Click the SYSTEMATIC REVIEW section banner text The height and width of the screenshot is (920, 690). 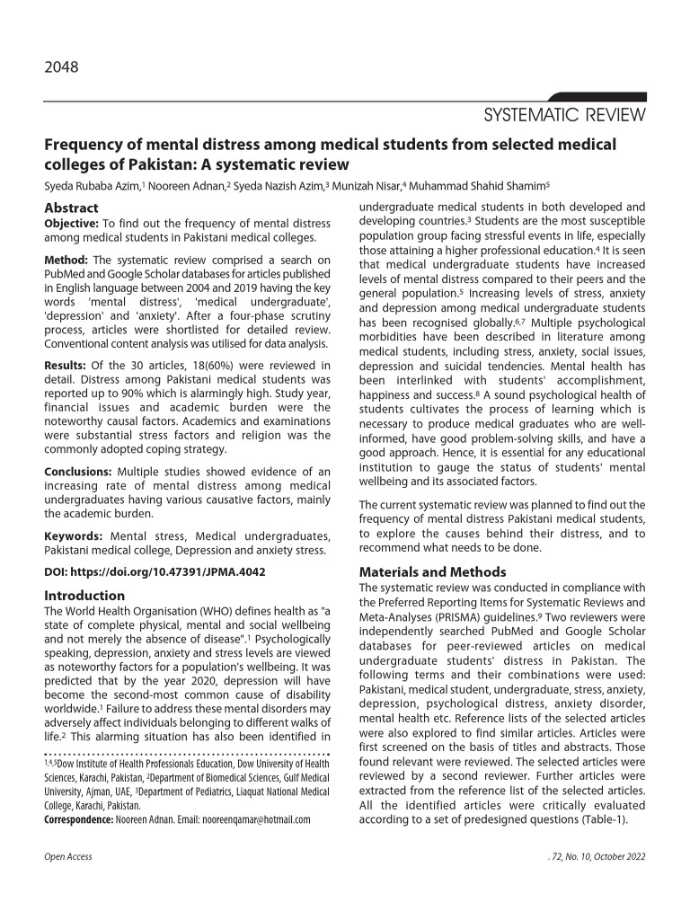[564, 116]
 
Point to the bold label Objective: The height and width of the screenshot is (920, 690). [72, 223]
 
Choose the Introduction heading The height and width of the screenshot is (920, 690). [84, 595]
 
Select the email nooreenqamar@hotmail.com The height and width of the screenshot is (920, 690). [256, 819]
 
